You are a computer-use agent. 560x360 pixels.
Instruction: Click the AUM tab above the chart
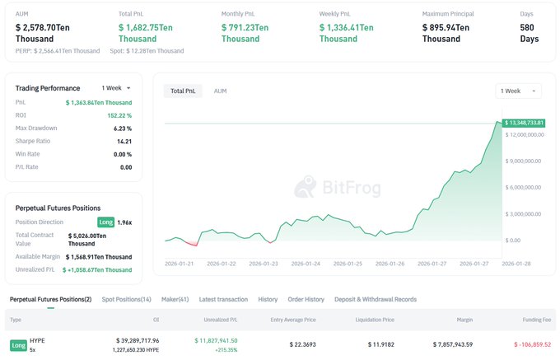tap(220, 91)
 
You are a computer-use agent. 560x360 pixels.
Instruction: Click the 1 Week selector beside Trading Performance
tap(116, 88)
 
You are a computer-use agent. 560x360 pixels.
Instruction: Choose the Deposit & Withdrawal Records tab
tap(375, 299)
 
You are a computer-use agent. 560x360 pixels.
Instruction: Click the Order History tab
tap(306, 299)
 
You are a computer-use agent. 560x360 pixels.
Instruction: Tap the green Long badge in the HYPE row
tap(18, 345)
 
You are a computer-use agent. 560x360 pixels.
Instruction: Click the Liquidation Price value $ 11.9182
tap(375, 345)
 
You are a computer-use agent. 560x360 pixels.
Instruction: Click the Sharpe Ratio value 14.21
tap(124, 141)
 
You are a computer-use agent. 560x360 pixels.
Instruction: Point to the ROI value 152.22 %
tap(119, 115)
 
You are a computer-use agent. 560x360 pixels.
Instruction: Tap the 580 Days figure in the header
tap(530, 34)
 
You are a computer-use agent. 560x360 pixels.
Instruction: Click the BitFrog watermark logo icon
tap(306, 189)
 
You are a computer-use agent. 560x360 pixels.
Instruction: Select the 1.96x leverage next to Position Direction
tap(124, 222)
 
